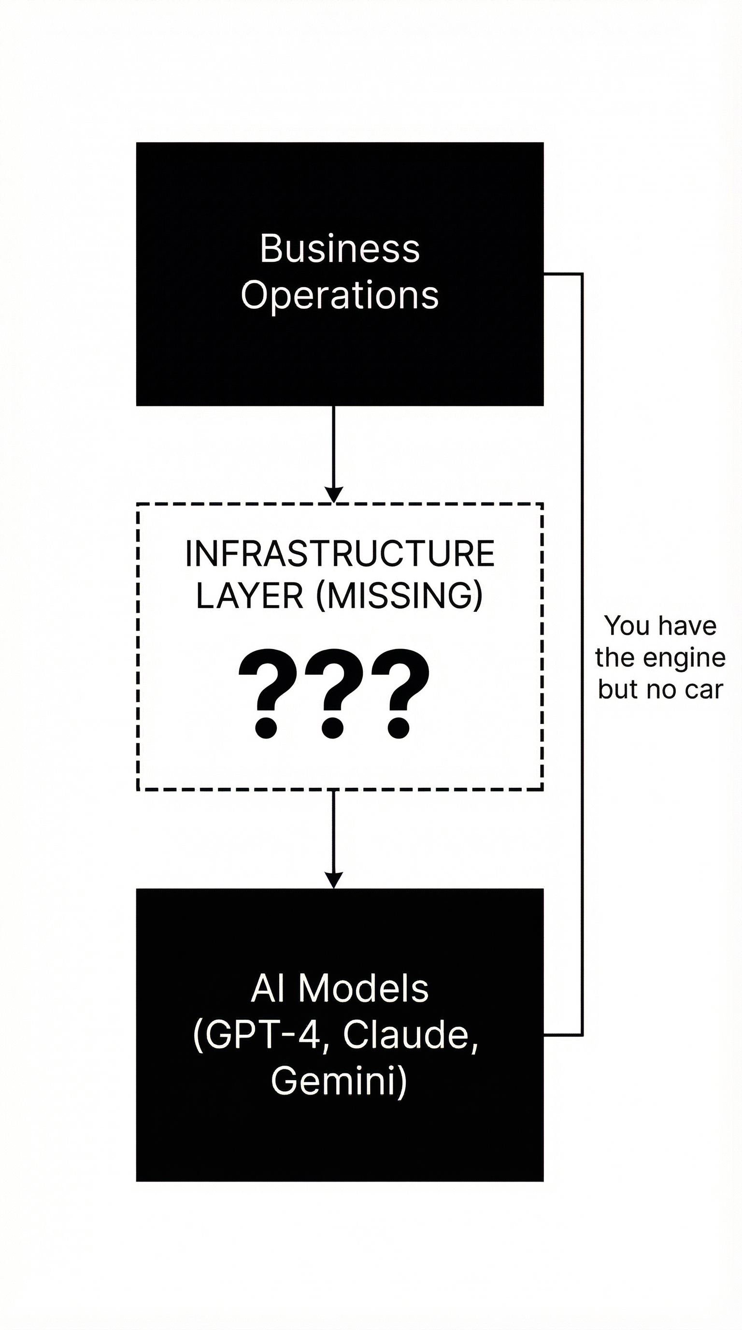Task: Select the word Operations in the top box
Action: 340,296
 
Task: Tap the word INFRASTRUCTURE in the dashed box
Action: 340,554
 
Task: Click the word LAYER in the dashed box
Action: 249,596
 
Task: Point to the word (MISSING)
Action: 400,596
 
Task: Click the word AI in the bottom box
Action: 267,989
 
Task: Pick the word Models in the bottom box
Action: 363,989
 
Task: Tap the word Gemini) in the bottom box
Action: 339,1081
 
